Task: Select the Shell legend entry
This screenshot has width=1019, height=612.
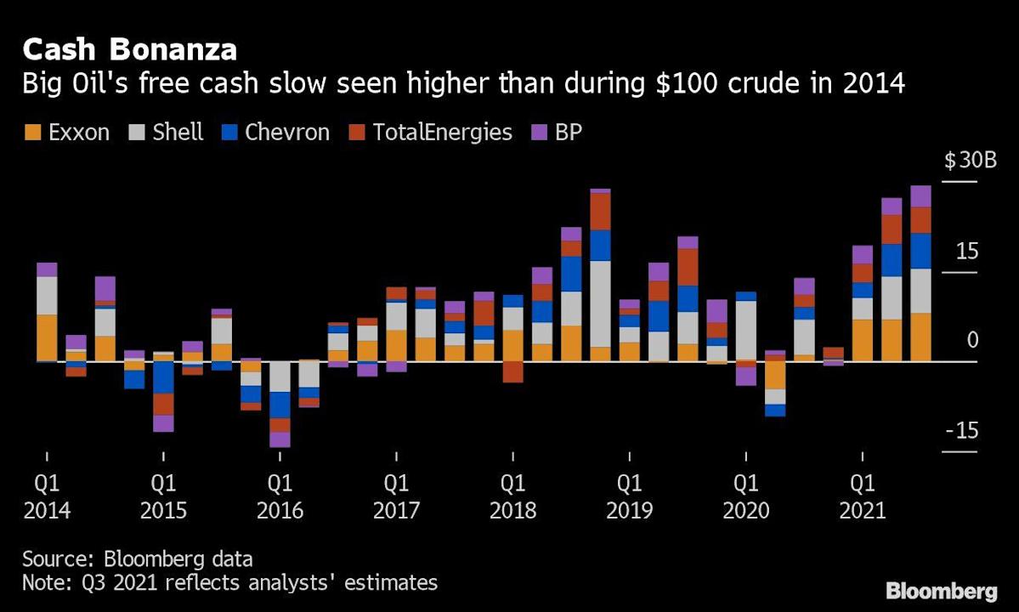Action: (167, 133)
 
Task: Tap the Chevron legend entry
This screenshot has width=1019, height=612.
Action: (275, 133)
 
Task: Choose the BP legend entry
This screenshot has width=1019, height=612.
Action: (558, 133)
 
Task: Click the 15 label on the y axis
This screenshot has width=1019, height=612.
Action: (967, 252)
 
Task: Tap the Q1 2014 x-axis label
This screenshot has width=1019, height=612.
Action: (48, 497)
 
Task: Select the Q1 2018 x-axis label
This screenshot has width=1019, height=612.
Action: (512, 497)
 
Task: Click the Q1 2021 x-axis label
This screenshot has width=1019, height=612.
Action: (863, 497)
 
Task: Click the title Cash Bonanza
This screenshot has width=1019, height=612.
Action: (129, 49)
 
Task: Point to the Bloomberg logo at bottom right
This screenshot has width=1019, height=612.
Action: (941, 591)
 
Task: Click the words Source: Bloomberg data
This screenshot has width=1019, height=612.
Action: (137, 559)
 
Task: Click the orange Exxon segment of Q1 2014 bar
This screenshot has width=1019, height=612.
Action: (48, 337)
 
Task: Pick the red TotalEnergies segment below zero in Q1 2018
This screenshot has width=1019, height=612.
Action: (512, 371)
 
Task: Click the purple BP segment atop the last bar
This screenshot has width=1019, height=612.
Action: (920, 196)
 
